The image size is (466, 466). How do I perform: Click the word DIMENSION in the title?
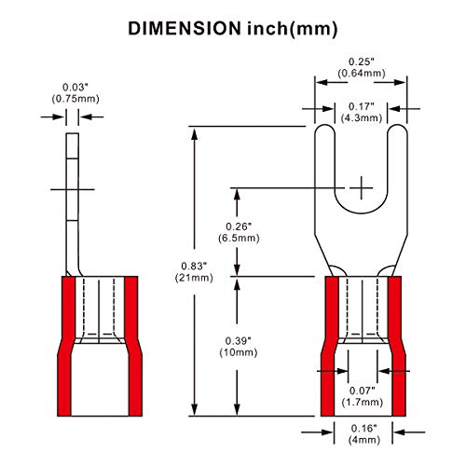point(182,27)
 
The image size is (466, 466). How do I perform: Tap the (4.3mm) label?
point(359,118)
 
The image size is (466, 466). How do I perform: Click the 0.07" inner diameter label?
point(359,390)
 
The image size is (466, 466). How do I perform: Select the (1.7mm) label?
point(359,402)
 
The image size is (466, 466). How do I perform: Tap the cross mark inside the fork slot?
point(360,187)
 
